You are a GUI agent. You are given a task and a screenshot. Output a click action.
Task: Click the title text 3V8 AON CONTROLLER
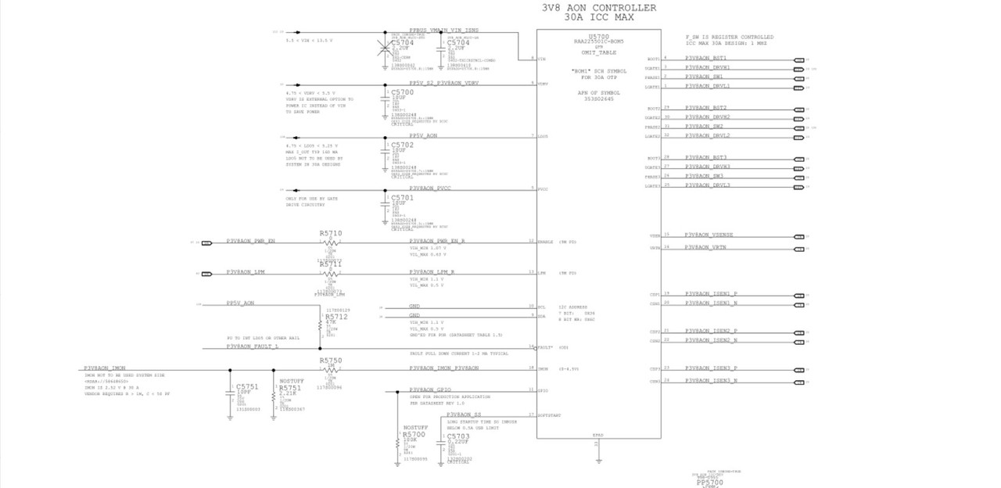599,8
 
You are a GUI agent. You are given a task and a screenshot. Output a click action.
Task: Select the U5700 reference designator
598,37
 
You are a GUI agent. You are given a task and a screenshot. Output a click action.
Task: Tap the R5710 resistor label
331,234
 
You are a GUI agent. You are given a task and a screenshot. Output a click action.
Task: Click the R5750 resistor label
331,361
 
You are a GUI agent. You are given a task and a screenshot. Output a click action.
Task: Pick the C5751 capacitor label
247,387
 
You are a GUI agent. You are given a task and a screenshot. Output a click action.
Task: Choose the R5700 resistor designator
414,434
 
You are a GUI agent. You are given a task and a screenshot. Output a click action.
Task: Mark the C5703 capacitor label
457,436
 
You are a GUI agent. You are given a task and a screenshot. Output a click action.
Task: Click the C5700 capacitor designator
402,92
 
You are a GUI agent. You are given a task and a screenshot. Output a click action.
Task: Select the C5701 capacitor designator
402,198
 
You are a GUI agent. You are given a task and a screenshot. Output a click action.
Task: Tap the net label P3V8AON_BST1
706,58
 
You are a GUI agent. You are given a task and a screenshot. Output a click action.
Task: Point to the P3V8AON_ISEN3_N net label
711,380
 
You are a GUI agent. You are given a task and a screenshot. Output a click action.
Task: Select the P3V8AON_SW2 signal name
704,126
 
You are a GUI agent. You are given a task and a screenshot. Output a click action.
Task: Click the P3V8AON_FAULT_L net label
252,346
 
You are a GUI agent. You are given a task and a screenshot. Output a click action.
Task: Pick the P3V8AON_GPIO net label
432,389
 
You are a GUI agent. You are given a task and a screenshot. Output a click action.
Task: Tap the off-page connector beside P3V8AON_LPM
206,274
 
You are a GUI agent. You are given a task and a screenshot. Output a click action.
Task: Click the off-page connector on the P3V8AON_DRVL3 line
798,185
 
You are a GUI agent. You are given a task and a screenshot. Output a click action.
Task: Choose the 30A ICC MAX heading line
598,17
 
